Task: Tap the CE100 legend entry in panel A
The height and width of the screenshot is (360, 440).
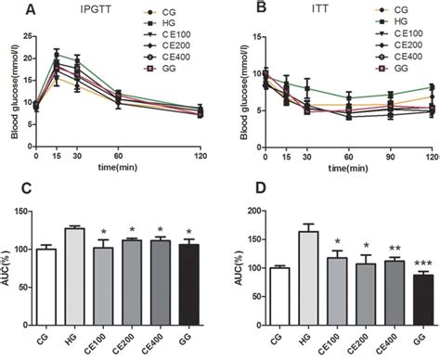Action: click(x=175, y=33)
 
